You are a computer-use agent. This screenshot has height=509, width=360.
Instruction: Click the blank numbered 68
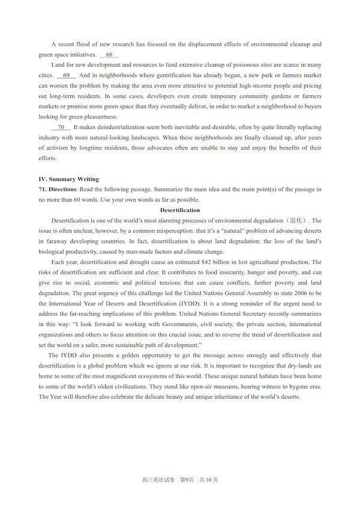point(109,55)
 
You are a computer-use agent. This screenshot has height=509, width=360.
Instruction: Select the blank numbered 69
point(66,75)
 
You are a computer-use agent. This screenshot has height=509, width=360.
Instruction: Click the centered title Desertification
point(180,210)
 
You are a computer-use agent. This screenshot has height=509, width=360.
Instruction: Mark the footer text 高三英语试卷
point(155,480)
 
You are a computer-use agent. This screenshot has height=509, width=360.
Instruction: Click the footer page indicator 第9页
point(181,480)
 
